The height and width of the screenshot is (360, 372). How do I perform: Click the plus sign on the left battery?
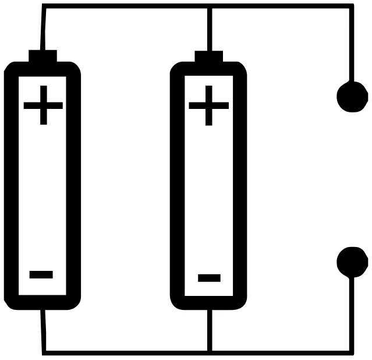tap(44, 105)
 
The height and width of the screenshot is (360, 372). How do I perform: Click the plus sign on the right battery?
tap(209, 105)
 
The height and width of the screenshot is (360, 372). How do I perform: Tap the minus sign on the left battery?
tap(41, 274)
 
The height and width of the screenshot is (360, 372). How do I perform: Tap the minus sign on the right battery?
tap(209, 278)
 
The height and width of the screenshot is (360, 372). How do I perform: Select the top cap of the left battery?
tap(42, 56)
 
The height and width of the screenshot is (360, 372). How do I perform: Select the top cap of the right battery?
tap(209, 57)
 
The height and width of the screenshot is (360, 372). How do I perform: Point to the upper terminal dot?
tap(352, 97)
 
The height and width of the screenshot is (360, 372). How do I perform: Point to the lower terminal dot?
tap(352, 262)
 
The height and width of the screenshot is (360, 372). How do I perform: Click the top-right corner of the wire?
tap(352, 6)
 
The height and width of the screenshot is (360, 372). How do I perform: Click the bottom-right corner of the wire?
tap(352, 353)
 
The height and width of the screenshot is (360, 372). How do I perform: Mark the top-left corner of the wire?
tap(44, 6)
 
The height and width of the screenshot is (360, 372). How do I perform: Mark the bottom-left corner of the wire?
tap(44, 353)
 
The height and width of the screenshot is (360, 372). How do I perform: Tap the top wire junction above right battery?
tap(210, 6)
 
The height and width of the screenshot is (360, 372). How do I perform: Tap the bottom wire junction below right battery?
tap(210, 353)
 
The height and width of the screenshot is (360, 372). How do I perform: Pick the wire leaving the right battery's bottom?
tap(210, 330)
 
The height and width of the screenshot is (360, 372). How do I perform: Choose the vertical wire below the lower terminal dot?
tap(352, 314)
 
